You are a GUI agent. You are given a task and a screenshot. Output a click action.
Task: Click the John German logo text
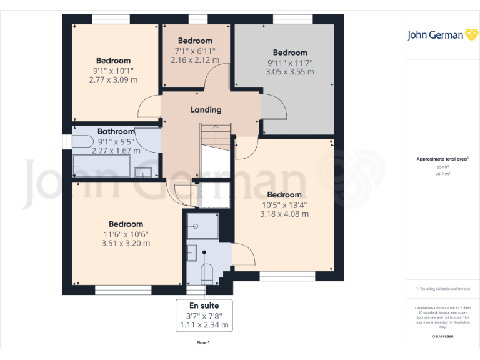(436, 35)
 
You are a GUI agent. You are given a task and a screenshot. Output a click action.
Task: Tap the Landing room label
(206, 110)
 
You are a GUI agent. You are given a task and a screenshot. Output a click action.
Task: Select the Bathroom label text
(116, 132)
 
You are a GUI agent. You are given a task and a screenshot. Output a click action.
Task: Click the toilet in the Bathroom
(82, 141)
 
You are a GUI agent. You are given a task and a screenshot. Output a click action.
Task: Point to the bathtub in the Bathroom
(101, 166)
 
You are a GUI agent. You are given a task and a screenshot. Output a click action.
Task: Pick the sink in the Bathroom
(143, 171)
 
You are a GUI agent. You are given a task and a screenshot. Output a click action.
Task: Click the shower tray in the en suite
(202, 226)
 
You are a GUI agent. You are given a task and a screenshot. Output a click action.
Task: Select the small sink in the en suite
(192, 253)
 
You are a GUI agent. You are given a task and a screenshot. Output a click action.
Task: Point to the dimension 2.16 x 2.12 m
(195, 61)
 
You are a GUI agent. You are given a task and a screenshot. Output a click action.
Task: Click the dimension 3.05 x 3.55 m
(289, 72)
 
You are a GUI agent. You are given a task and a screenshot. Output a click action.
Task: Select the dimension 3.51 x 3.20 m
(126, 244)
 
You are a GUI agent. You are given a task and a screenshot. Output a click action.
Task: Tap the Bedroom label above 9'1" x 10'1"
(113, 61)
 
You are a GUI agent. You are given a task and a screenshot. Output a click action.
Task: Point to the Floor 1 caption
(203, 343)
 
